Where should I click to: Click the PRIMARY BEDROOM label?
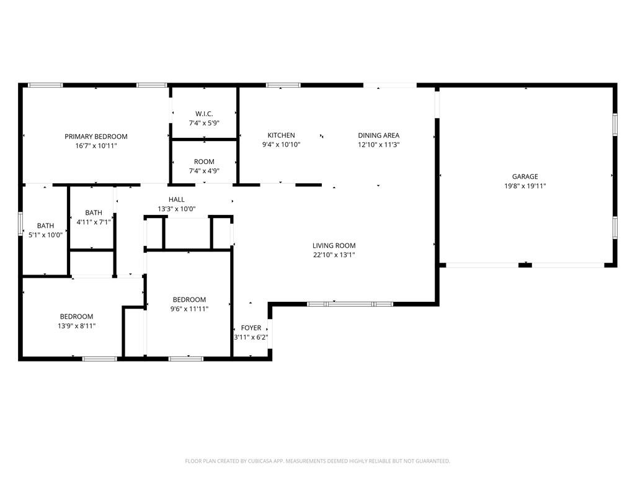click(96, 137)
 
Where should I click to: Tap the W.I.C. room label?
click(204, 114)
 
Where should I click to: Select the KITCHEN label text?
click(281, 135)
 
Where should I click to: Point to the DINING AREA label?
click(379, 135)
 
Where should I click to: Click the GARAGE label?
click(525, 177)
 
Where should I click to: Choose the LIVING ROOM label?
click(334, 246)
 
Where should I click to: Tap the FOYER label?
click(251, 328)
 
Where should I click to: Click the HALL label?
click(177, 199)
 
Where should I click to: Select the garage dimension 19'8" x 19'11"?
click(525, 186)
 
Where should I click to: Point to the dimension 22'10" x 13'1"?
click(334, 255)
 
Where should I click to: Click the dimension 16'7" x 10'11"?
click(96, 146)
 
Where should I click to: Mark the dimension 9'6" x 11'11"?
click(189, 309)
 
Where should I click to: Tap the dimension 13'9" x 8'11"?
click(76, 325)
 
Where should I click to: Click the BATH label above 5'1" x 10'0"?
click(45, 226)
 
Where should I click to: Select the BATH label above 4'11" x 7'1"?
click(94, 213)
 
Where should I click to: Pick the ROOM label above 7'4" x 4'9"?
click(204, 162)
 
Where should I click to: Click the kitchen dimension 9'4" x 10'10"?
click(281, 145)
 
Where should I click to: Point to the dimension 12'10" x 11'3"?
click(379, 145)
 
